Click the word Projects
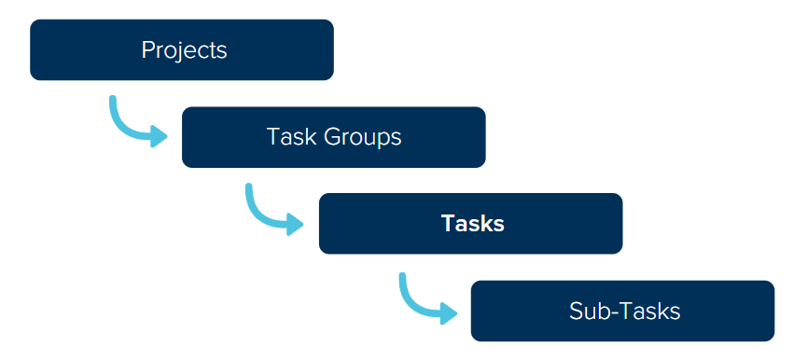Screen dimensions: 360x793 [x=184, y=49]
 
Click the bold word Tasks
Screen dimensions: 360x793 [x=473, y=224]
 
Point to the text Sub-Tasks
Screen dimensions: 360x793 [x=624, y=311]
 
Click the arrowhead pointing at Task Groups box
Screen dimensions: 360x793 [x=160, y=137]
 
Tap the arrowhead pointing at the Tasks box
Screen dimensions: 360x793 [x=297, y=224]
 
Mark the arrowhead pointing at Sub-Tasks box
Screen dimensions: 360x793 [x=450, y=312]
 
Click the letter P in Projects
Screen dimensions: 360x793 [x=147, y=49]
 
